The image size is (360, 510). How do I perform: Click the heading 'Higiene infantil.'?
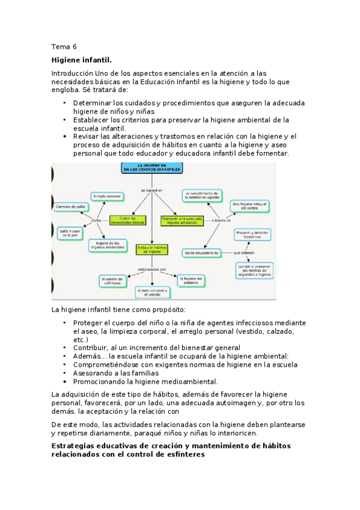(81, 60)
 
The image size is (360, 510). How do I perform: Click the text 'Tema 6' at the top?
(64, 46)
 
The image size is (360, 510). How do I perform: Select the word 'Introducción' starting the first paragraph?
(73, 73)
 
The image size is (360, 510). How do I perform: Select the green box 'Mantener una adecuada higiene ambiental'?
(184, 220)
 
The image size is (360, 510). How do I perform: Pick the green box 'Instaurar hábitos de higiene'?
(152, 249)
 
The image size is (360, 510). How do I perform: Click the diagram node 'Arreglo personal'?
(107, 196)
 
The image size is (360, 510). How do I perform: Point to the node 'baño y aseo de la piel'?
(69, 233)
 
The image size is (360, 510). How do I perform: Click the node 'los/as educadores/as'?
(201, 253)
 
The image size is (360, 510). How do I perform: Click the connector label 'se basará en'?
(152, 190)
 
